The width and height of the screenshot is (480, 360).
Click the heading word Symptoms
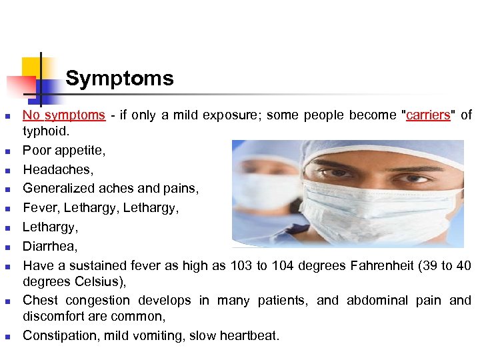coord(119,79)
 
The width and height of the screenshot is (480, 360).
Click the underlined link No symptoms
coord(64,115)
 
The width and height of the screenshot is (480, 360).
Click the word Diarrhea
coord(49,247)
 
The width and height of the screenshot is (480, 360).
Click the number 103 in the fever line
coord(241,266)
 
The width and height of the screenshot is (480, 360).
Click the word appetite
coord(79,151)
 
